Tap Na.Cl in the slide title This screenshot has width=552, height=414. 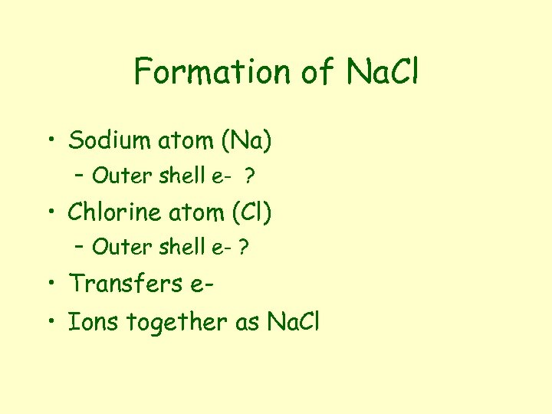383,72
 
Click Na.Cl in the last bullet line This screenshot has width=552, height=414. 292,323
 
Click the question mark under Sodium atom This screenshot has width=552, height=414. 250,176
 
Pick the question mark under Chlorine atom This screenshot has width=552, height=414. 245,247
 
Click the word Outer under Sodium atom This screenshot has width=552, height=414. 123,176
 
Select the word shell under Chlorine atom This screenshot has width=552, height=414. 182,247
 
